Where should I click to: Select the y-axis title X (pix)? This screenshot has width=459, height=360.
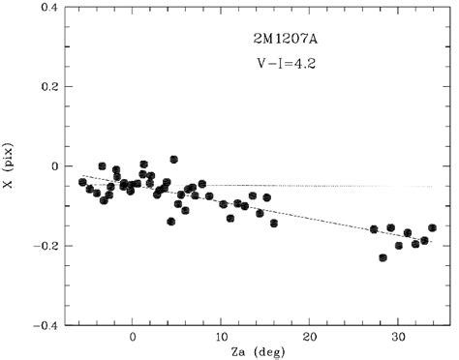point(13,165)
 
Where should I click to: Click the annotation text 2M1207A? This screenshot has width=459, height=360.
point(272,40)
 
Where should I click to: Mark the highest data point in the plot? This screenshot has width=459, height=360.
point(174,159)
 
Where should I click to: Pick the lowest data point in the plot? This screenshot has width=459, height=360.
point(383,257)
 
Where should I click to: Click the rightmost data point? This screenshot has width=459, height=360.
point(432,228)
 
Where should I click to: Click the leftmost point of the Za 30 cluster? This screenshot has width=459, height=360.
point(374,229)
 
